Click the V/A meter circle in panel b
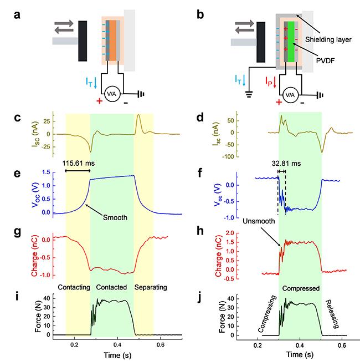[289, 95]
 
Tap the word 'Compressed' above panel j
[300, 289]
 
